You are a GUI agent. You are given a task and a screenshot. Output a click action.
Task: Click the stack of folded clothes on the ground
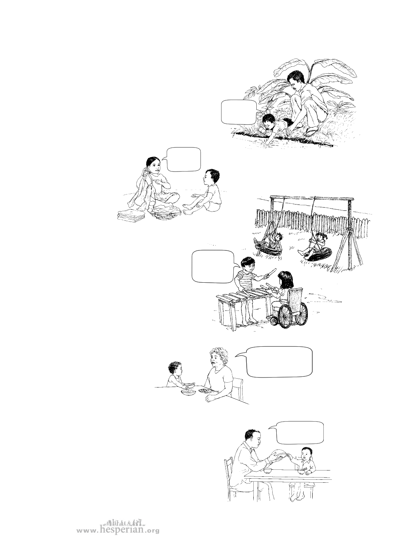[130, 216]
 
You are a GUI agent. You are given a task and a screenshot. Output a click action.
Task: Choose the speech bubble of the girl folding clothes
[181, 159]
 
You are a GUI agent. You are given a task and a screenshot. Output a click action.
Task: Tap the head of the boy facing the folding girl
[212, 177]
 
